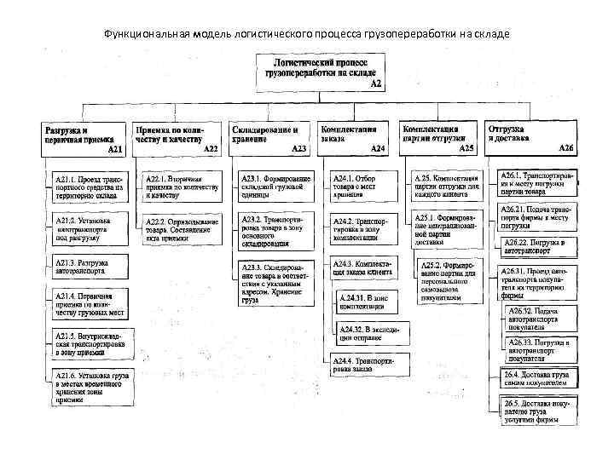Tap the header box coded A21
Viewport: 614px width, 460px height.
pos(84,138)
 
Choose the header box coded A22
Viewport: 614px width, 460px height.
pos(177,138)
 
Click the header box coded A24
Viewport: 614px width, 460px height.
pos(351,137)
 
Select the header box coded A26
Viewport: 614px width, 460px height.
pos(530,137)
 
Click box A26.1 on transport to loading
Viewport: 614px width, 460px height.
pos(537,182)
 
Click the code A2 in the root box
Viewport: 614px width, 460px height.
pos(375,83)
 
